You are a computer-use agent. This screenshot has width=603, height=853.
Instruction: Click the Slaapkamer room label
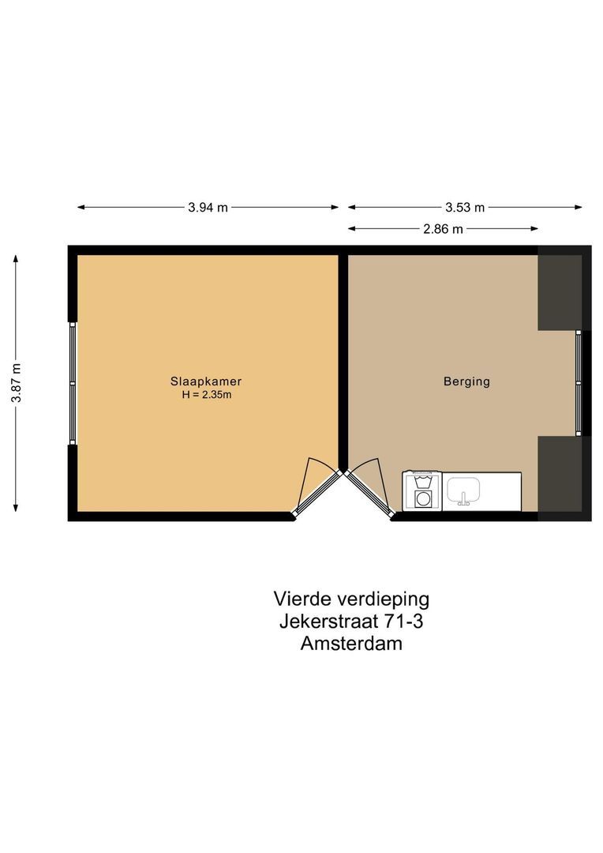tap(205, 381)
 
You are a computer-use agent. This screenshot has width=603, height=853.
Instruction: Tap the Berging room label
tap(466, 381)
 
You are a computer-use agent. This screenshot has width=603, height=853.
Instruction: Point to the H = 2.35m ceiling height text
tap(205, 395)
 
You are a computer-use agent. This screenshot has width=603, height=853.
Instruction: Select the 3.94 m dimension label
tap(208, 208)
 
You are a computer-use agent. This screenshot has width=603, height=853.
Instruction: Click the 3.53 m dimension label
tap(465, 208)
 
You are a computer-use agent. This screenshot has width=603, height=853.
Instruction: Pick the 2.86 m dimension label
tap(443, 229)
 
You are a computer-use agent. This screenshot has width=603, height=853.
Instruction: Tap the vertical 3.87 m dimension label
tap(16, 383)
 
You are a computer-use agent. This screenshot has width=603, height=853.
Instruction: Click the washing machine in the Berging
tap(422, 492)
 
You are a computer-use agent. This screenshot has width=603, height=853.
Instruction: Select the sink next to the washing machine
tap(465, 491)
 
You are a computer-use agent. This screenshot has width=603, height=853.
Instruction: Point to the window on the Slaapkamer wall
tap(73, 383)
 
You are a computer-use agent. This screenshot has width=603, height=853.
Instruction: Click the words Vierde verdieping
tap(351, 599)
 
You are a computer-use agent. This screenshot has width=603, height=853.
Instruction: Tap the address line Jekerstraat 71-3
tap(351, 621)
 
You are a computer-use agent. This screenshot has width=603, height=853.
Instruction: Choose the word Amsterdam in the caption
tap(351, 643)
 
